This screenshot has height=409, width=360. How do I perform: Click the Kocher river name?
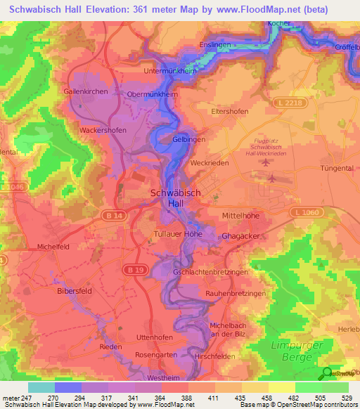point(279,23)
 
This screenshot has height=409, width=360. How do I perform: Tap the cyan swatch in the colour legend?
point(41,387)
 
